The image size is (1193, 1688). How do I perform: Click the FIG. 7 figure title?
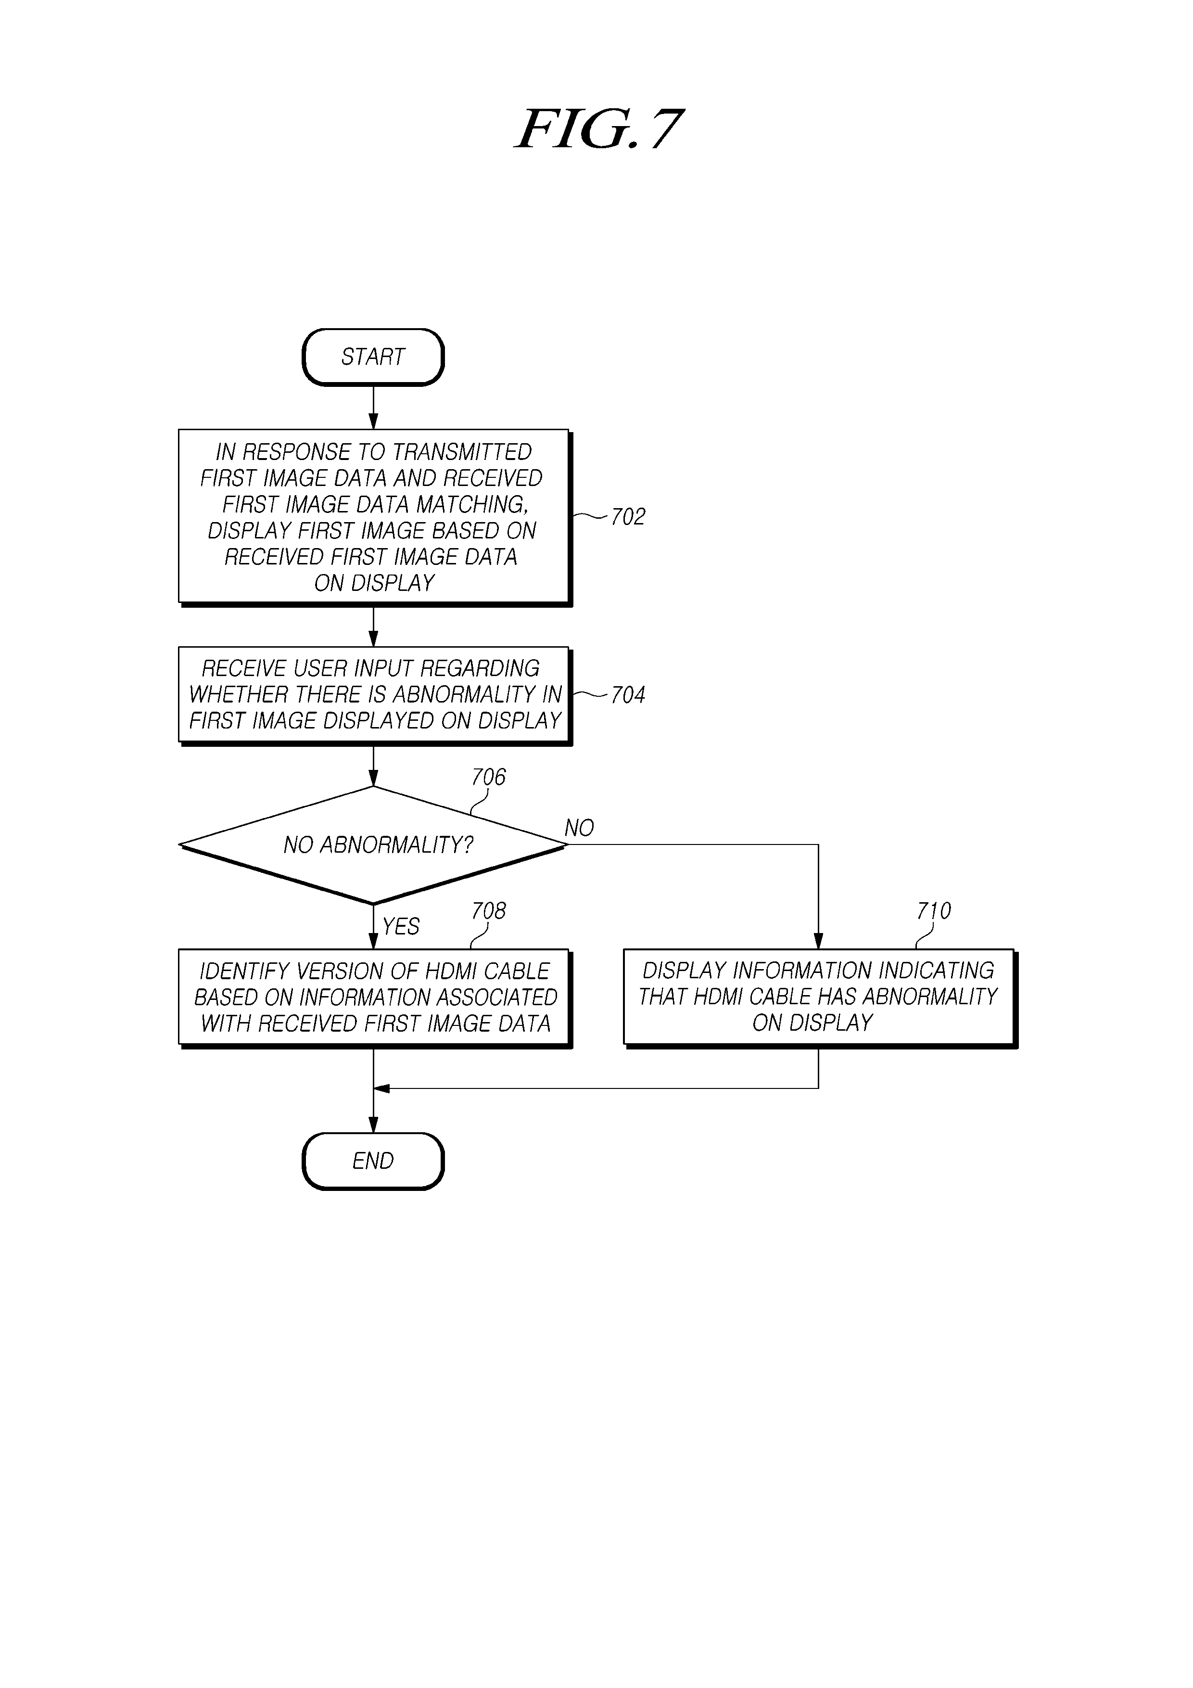click(x=599, y=129)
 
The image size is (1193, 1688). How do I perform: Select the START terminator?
click(x=373, y=358)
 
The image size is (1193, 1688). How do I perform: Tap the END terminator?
click(x=373, y=1161)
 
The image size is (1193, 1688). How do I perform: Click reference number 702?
click(x=628, y=517)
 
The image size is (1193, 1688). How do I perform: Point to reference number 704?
click(x=628, y=695)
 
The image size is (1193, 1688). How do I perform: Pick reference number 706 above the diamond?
click(x=489, y=777)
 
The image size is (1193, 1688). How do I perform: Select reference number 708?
click(x=489, y=911)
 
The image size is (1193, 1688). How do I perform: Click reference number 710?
click(x=934, y=911)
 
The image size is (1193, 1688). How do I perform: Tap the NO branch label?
click(x=579, y=829)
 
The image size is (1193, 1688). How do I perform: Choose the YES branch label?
click(x=401, y=926)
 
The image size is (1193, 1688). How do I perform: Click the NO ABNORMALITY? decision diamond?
click(x=373, y=845)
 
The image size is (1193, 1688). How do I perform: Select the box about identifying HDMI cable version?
click(x=375, y=998)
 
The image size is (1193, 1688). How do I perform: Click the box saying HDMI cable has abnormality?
click(x=820, y=998)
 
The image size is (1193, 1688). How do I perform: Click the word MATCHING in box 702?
click(x=473, y=505)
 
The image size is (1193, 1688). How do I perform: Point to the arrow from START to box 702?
click(x=373, y=408)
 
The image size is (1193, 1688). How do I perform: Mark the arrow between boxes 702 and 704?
click(x=373, y=627)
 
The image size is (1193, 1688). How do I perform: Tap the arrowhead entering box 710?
click(x=818, y=941)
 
